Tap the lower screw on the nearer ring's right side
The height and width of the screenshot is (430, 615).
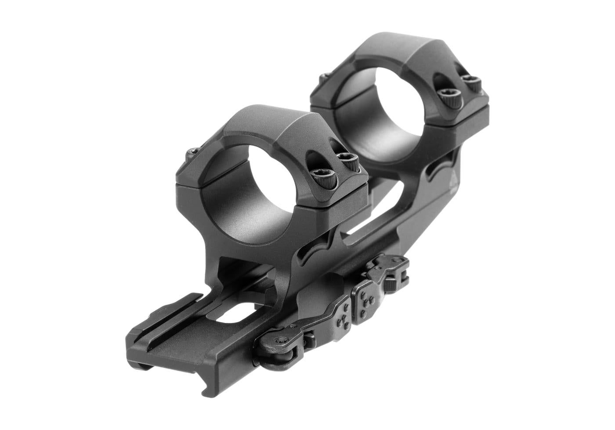(x=325, y=178)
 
